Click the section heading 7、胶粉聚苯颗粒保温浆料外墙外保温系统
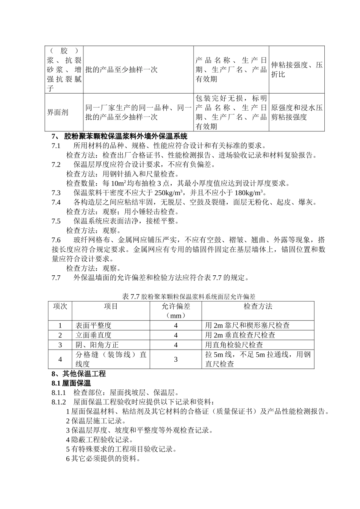click(x=119, y=136)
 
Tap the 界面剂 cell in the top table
click(x=58, y=112)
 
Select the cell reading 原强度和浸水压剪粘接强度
click(x=296, y=112)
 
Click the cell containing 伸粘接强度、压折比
click(x=296, y=70)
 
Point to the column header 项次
click(x=60, y=306)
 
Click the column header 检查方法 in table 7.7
click(x=258, y=306)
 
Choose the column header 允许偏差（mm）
click(x=175, y=311)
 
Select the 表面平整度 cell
click(x=93, y=325)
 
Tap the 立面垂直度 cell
click(x=93, y=335)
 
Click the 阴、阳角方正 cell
click(x=97, y=345)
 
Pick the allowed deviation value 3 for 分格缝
click(x=175, y=359)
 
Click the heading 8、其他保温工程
click(x=78, y=374)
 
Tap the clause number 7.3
click(x=56, y=193)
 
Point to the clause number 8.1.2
click(x=59, y=402)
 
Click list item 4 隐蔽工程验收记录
click(x=99, y=440)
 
